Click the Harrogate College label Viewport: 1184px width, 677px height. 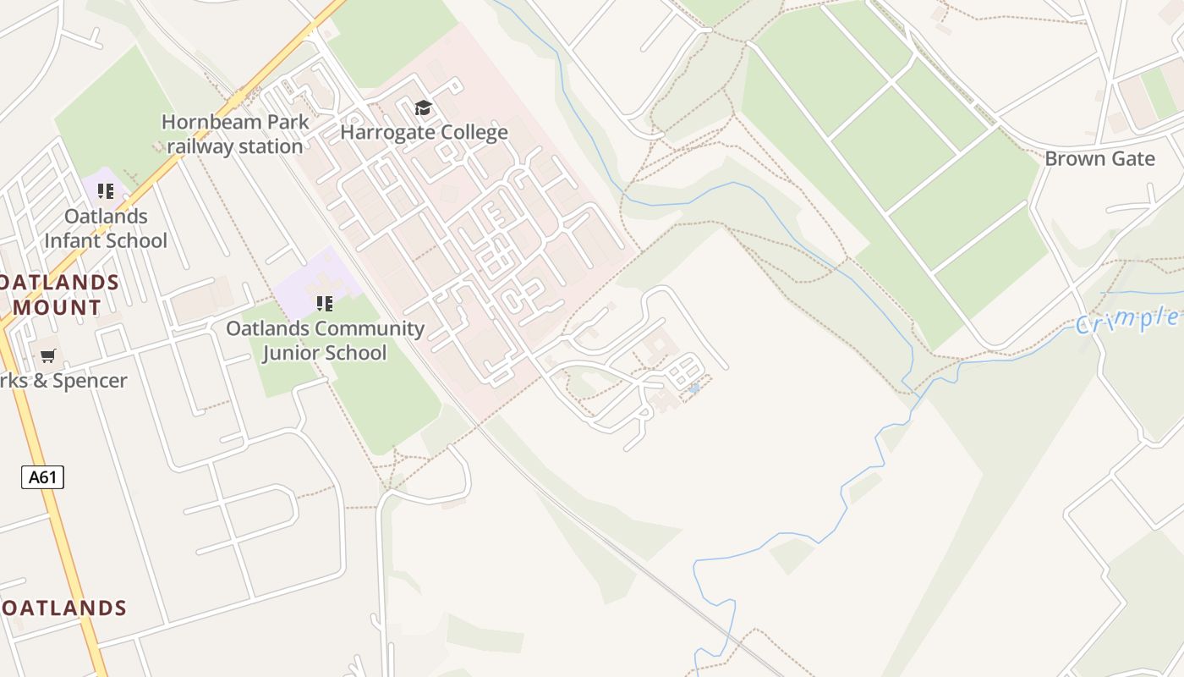click(x=424, y=132)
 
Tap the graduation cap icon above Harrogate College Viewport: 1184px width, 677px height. click(x=423, y=107)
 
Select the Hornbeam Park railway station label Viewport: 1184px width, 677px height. click(x=235, y=134)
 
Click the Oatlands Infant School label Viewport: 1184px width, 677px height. click(x=106, y=228)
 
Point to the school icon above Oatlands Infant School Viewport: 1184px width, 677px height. click(x=105, y=191)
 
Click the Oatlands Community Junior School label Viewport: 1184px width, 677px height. click(x=325, y=340)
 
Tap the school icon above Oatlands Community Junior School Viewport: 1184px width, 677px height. click(x=324, y=303)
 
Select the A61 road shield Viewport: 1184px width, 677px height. click(x=42, y=477)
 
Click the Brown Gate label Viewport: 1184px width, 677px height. click(x=1099, y=158)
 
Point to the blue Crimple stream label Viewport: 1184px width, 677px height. click(x=1128, y=320)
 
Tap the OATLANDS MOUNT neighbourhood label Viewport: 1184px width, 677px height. click(x=58, y=294)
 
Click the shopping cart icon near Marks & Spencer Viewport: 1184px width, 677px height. click(x=48, y=356)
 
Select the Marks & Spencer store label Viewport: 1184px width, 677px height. click(x=63, y=381)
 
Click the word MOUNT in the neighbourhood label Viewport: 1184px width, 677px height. click(x=58, y=307)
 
